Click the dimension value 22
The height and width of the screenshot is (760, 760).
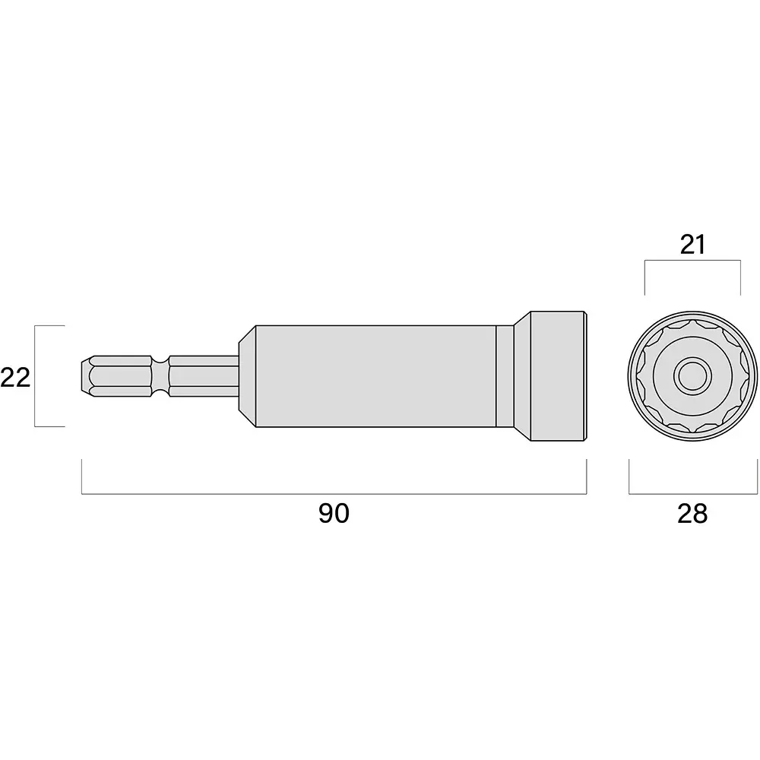15,377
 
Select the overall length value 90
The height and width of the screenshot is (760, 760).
334,514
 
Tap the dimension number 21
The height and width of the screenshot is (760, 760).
692,245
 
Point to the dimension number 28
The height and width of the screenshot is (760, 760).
692,514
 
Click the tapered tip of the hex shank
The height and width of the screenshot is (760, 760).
85,375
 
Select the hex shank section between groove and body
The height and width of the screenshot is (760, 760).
201,375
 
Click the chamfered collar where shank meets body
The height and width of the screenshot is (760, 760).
246,375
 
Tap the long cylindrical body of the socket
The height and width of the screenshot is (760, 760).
372,375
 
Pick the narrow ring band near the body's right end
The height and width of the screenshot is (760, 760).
504,375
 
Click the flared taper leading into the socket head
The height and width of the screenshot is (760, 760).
521,375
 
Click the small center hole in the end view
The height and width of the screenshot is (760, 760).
692,375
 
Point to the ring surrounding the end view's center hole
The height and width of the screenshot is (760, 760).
692,357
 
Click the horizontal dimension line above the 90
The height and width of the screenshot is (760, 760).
334,494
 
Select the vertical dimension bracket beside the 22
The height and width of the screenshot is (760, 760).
36,375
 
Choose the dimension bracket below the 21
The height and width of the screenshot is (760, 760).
692,261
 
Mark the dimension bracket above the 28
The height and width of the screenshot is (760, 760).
692,494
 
